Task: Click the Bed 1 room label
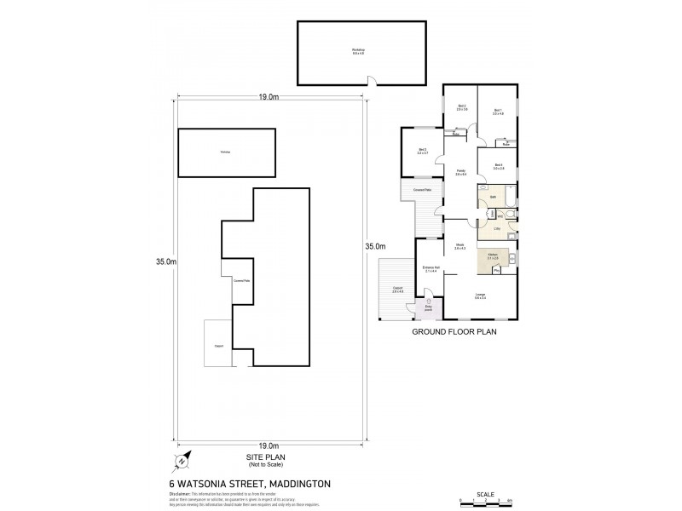(499, 112)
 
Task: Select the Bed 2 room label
(461, 108)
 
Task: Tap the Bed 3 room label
(422, 152)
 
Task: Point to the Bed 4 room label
(499, 167)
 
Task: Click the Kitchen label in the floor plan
(493, 256)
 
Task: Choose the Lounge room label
(481, 296)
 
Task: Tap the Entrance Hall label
(430, 268)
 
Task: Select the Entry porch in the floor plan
(429, 307)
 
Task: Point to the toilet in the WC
(506, 216)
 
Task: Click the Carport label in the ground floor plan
(397, 289)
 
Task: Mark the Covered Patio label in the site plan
(241, 280)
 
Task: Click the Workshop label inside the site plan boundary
(226, 152)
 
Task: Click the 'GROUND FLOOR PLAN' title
(454, 333)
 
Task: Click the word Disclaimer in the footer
(186, 492)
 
